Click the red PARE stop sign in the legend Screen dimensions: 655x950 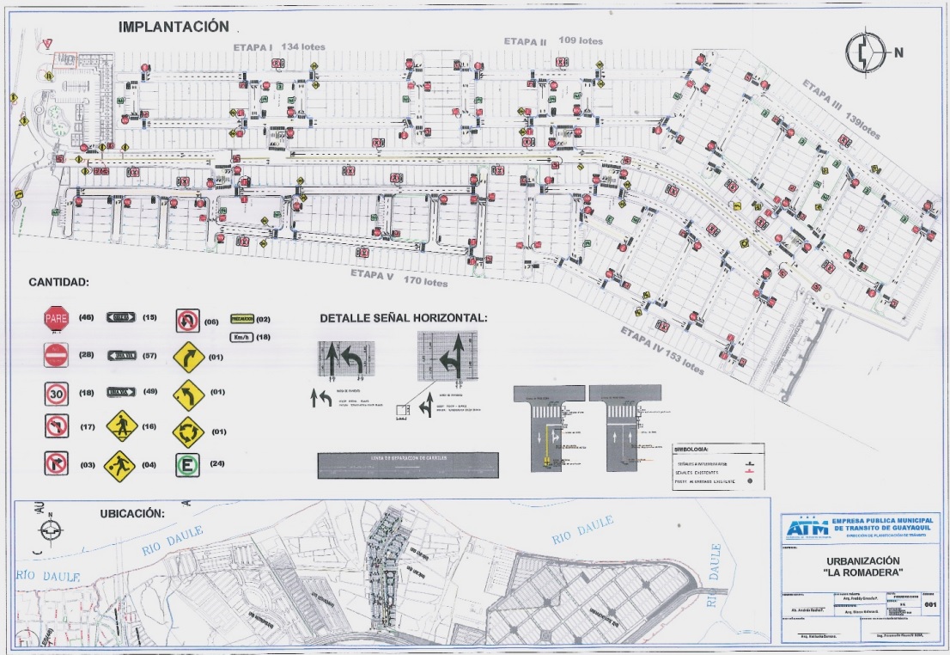tap(56, 319)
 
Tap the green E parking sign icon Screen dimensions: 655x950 tap(187, 465)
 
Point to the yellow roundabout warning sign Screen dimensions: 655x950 tap(187, 428)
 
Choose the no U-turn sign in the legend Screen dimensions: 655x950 tap(187, 320)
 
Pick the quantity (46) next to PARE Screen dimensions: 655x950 tap(86, 318)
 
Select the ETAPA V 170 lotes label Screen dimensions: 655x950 tap(399, 278)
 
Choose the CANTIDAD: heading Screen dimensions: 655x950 tap(58, 282)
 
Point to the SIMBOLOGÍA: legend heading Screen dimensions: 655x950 tap(692, 450)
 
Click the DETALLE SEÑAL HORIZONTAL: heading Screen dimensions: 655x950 tap(403, 318)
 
